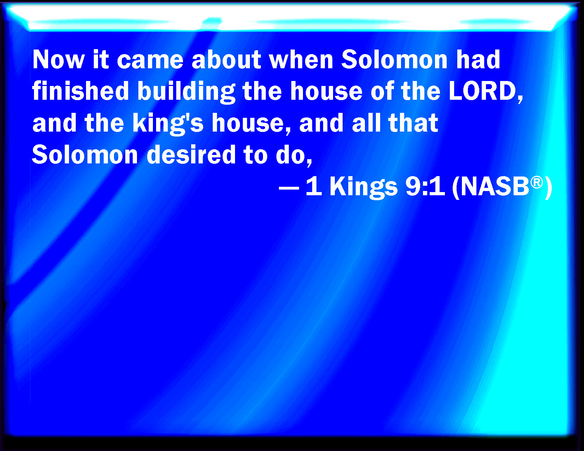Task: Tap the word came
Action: point(150,60)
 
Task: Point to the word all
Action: point(367,122)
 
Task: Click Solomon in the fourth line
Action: point(85,154)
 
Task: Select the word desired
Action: point(191,154)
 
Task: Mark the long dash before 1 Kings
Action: point(289,187)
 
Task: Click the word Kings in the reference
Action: point(363,187)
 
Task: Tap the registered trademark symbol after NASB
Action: point(537,183)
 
